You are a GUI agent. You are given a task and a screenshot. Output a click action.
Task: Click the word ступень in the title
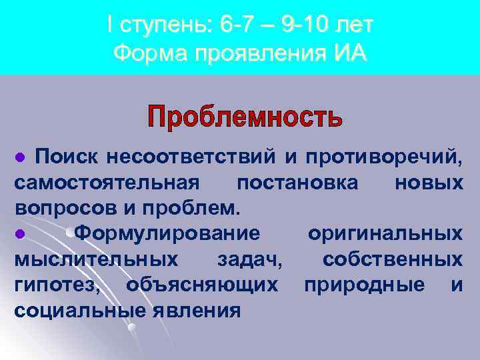[x=163, y=25]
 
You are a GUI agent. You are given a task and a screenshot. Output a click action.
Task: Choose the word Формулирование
[x=167, y=233]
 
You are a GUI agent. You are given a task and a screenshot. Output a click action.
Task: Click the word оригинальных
[x=385, y=233]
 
